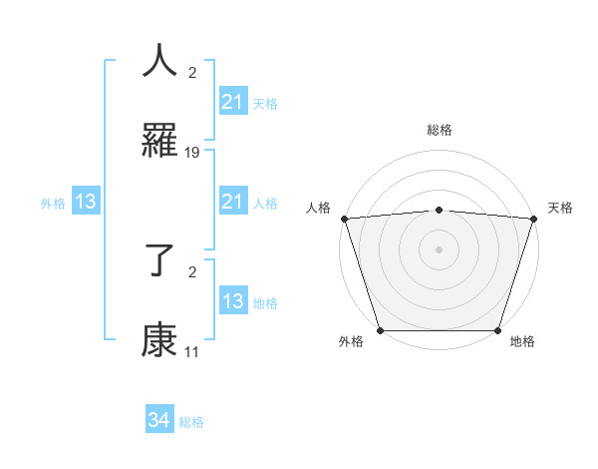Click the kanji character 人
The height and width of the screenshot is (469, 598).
pos(160,61)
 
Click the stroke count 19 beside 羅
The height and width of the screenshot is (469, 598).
pos(192,152)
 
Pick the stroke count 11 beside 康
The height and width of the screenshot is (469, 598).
pos(192,352)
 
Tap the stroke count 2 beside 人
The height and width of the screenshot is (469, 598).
pos(192,72)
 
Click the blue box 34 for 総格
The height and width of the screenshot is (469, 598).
pos(159,421)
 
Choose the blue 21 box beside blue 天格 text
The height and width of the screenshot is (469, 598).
pos(233,101)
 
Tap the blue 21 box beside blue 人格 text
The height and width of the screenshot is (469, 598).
pos(233,202)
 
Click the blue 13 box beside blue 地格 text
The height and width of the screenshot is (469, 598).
pos(233,301)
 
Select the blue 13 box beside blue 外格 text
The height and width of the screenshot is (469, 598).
pos(86,202)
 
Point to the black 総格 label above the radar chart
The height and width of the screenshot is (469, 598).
pos(440,131)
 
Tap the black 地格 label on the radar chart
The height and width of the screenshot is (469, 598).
pos(522,342)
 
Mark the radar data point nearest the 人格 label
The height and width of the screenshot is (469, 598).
pos(345,219)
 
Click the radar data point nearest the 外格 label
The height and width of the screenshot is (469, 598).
pos(381,329)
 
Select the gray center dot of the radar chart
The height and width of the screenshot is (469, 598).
pos(440,248)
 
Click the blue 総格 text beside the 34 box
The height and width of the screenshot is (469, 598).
pos(191,422)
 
